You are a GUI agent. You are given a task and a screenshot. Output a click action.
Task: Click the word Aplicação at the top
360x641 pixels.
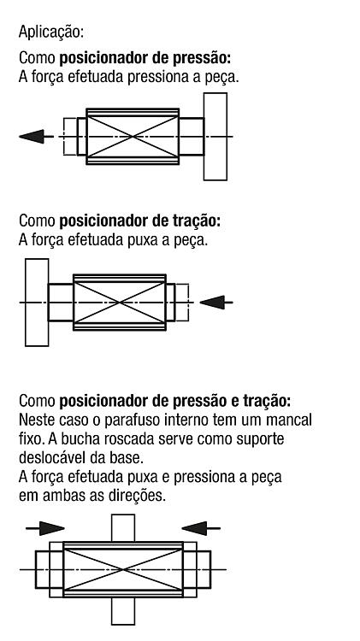(x=51, y=32)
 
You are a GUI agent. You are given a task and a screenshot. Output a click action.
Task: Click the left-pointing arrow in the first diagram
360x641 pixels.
(x=36, y=136)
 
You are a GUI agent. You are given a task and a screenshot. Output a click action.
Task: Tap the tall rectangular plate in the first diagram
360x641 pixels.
(x=215, y=137)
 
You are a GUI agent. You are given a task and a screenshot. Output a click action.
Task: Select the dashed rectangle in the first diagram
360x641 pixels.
(x=70, y=137)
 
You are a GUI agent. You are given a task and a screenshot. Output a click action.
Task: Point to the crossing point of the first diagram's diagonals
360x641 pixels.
(x=133, y=137)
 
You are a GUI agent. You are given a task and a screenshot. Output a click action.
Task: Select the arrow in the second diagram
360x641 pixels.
(x=216, y=303)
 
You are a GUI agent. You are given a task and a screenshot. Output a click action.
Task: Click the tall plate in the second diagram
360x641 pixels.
(x=37, y=303)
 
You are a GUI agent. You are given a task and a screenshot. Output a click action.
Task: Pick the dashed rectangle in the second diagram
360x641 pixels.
(x=182, y=303)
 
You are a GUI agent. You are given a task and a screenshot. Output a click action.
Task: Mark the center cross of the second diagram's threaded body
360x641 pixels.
(x=120, y=303)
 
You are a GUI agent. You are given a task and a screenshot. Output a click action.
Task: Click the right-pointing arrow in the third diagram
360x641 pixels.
(x=45, y=528)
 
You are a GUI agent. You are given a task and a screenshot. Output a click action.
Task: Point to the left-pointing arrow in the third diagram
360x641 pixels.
(x=201, y=528)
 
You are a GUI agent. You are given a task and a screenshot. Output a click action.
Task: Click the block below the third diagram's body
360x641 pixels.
(x=123, y=611)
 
